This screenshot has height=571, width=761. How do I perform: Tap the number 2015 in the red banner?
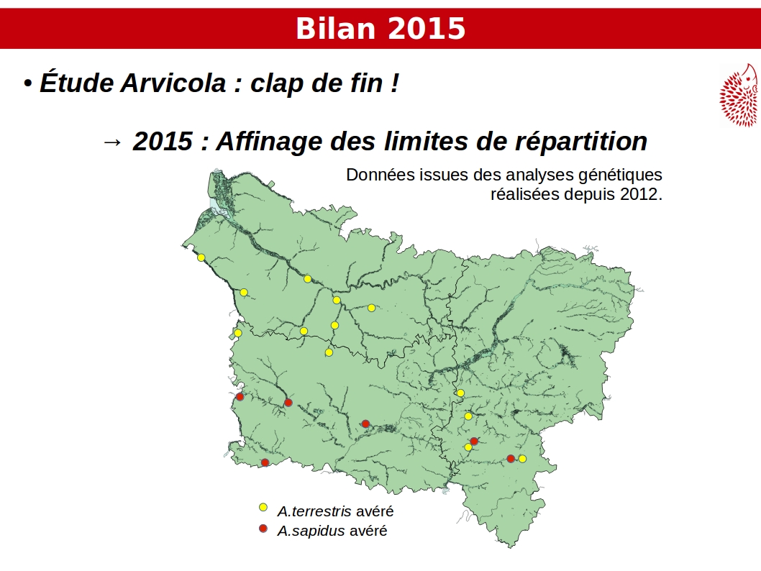click(427, 28)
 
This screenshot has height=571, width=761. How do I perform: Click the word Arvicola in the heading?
click(173, 83)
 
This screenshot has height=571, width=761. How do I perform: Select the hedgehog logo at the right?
click(739, 95)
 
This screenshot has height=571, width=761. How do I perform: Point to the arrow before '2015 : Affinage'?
click(113, 142)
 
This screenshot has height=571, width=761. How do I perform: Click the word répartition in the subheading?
click(581, 141)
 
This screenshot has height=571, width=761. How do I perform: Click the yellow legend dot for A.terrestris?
click(263, 508)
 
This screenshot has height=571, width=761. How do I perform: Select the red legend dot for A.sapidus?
click(263, 529)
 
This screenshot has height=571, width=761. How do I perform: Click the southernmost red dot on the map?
click(265, 462)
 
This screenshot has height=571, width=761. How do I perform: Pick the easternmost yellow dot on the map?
click(522, 458)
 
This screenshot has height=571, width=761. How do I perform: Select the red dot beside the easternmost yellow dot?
click(511, 458)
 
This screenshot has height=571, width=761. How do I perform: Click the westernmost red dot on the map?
click(240, 397)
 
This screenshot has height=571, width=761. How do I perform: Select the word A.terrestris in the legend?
click(314, 511)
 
